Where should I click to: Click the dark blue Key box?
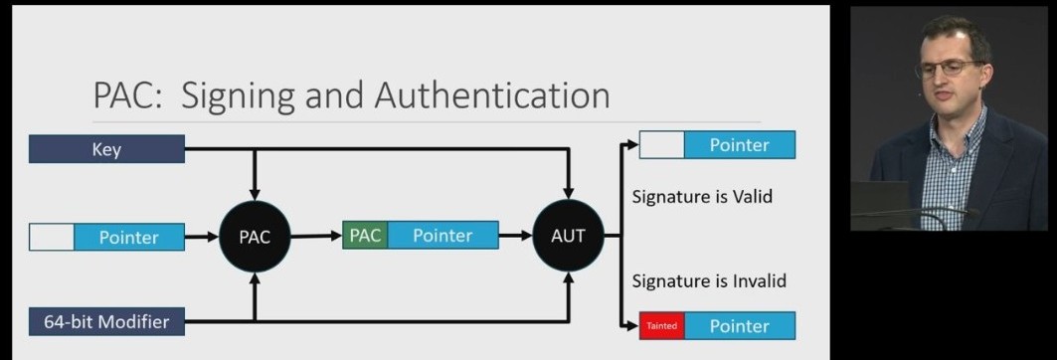(x=106, y=149)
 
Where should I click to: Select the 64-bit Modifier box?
(x=106, y=321)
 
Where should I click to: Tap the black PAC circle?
(x=255, y=237)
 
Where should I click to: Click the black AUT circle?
(x=568, y=237)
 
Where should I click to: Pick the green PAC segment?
(x=365, y=236)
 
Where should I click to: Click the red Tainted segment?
(x=661, y=325)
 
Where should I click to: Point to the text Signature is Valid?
(x=702, y=196)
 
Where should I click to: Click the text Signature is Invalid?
(x=709, y=280)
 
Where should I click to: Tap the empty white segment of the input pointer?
(x=52, y=237)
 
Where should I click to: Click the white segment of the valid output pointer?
(x=662, y=145)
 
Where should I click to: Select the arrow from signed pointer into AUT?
(x=515, y=237)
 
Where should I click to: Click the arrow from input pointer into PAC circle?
(x=202, y=237)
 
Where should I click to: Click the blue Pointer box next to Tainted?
(x=739, y=325)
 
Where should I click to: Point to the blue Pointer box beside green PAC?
(x=441, y=236)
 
